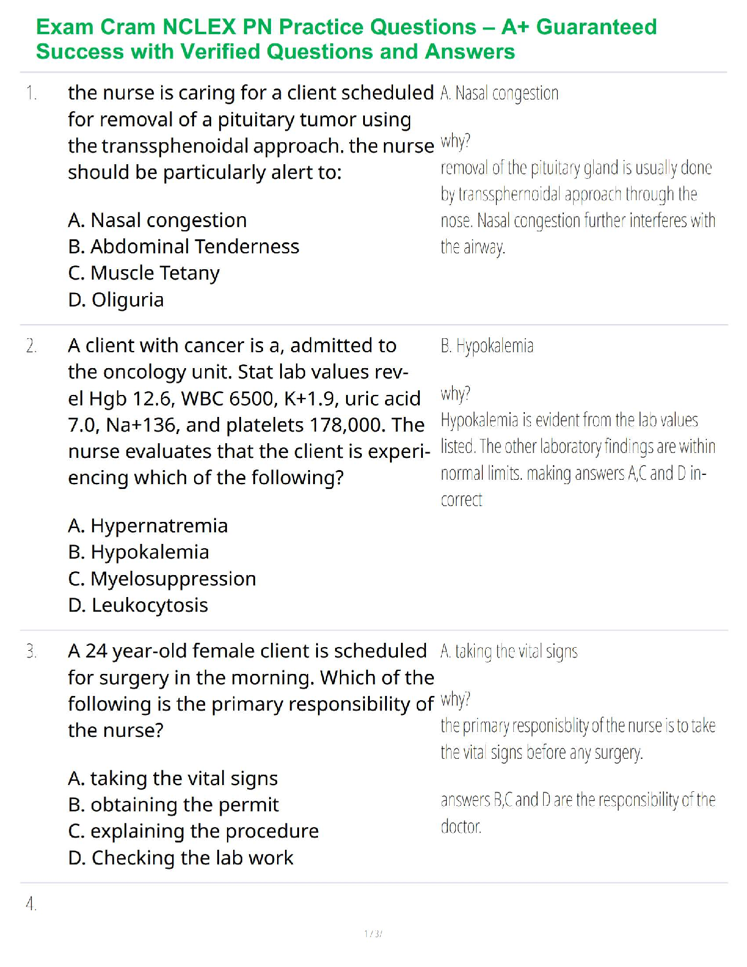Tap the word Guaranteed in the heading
596,27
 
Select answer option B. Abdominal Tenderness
184,247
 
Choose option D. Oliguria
116,300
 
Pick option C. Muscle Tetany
144,273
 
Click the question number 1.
31,93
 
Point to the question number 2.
31,346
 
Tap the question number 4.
31,904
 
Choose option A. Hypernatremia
148,526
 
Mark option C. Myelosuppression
162,579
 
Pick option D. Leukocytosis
138,606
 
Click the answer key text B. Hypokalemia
487,346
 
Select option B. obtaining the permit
173,805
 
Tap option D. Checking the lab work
181,858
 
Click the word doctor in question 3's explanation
461,827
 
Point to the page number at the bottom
373,933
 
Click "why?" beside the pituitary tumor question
455,142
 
